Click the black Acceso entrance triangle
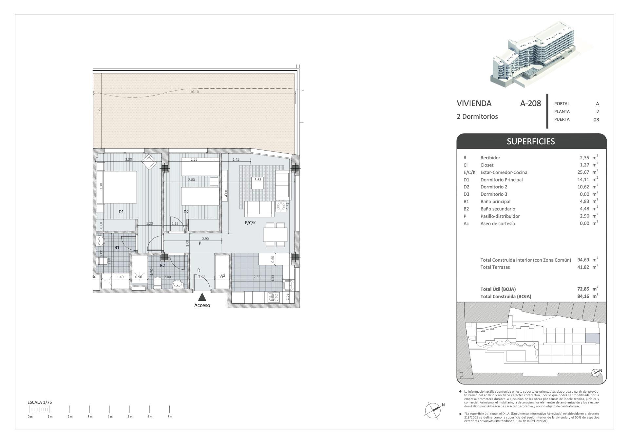click(202, 297)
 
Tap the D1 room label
click(121, 212)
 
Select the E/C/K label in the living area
click(250, 222)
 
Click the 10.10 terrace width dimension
click(194, 92)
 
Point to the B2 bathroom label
click(162, 265)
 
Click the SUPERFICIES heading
click(531, 141)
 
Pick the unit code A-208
click(530, 103)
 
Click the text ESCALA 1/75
click(40, 402)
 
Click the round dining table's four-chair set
click(275, 235)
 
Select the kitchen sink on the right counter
click(289, 285)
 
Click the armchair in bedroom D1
click(149, 162)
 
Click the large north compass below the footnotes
click(433, 410)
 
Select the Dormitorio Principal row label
click(501, 180)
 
